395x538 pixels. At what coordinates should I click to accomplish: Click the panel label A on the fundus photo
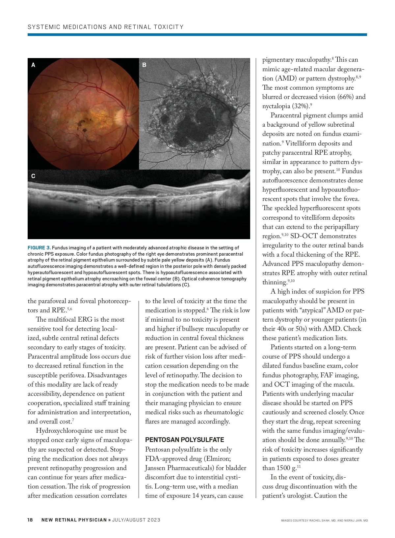[33, 65]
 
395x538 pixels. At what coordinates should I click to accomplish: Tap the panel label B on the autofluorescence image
[144, 65]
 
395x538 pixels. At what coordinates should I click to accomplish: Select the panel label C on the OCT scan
[33, 176]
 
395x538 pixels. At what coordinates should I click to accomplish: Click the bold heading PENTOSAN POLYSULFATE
[184, 440]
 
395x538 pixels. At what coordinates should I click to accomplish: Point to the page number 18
[30, 520]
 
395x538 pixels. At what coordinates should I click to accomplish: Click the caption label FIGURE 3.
[39, 248]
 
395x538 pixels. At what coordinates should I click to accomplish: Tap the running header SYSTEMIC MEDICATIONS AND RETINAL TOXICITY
[106, 27]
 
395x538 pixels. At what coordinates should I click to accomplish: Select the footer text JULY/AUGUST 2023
[136, 520]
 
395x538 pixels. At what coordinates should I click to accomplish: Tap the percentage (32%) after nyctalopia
[301, 106]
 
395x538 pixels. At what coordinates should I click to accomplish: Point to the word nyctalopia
[276, 106]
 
